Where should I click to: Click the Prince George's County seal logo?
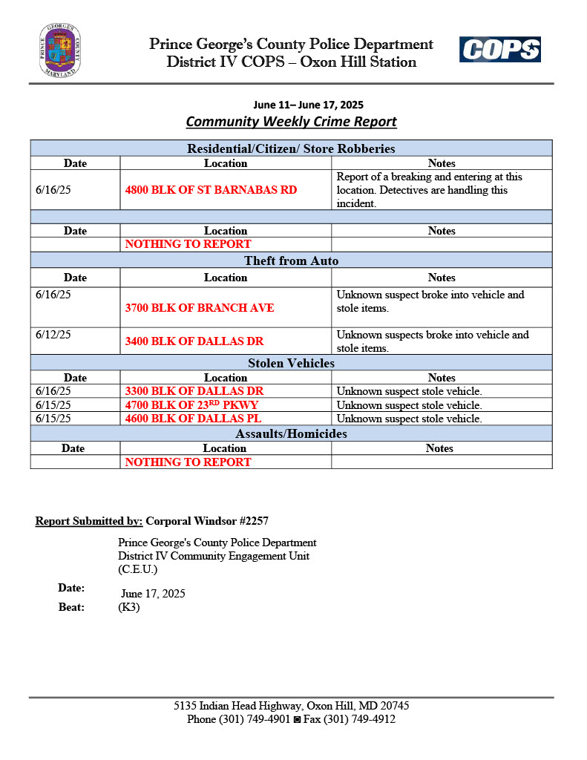(x=60, y=50)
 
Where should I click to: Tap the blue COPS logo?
(x=499, y=50)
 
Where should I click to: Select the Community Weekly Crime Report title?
(x=291, y=121)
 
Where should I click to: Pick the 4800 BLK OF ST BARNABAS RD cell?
(x=211, y=190)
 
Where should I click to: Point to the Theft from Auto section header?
(x=291, y=261)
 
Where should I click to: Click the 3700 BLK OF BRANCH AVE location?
(x=200, y=308)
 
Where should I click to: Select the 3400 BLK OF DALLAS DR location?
(x=194, y=341)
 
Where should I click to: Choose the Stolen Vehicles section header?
(x=291, y=364)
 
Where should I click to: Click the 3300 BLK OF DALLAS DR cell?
(x=194, y=391)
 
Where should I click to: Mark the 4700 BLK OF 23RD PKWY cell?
(x=191, y=405)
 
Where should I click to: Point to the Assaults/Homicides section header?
(x=291, y=433)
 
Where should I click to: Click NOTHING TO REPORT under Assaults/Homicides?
(x=188, y=462)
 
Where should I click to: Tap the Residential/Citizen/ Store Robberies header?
(x=291, y=148)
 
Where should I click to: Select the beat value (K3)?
(x=128, y=607)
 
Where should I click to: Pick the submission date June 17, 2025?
(x=153, y=594)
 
